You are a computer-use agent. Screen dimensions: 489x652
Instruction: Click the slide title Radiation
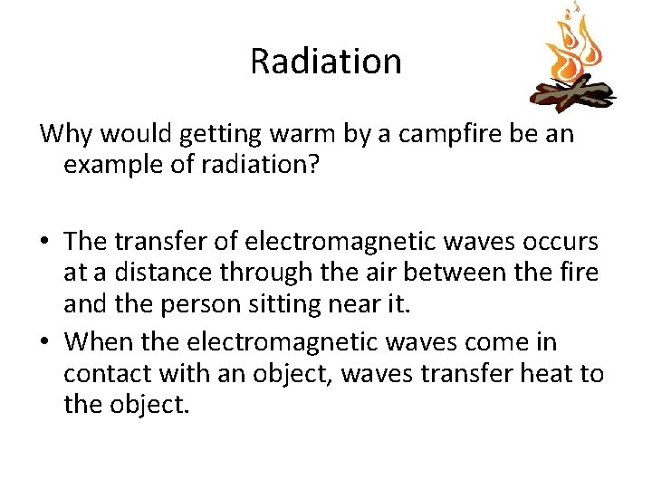point(325,62)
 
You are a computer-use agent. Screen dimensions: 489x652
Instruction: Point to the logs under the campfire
point(570,92)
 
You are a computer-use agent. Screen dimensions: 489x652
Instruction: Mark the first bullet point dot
point(46,242)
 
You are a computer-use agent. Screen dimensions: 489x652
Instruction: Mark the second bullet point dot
point(46,343)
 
